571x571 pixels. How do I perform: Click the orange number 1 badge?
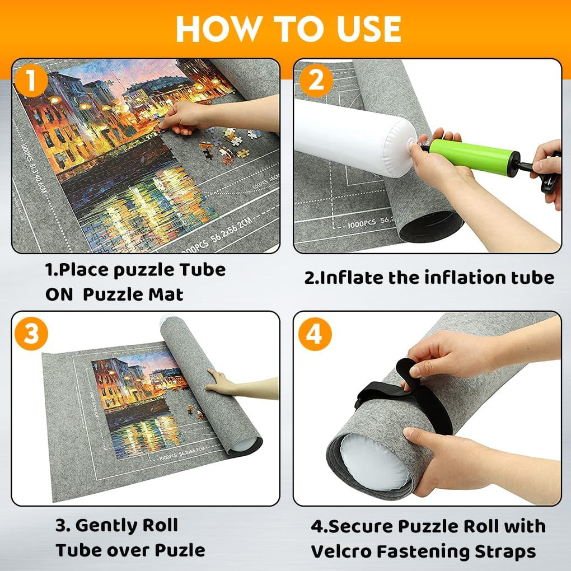pyautogui.click(x=31, y=81)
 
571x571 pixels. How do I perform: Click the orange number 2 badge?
pyautogui.click(x=316, y=81)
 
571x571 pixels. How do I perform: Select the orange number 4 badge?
pyautogui.click(x=315, y=335)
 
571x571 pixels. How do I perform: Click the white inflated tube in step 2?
pyautogui.click(x=353, y=134)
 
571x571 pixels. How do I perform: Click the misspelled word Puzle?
pyautogui.click(x=180, y=550)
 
